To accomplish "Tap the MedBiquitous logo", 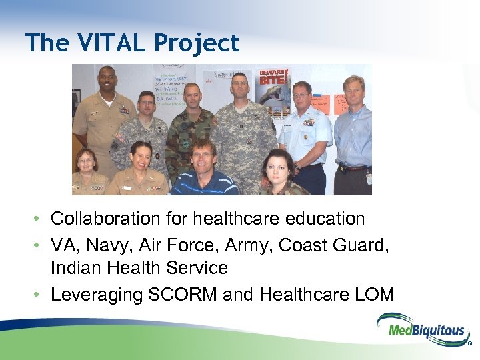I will tap(421, 330).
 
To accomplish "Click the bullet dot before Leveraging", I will tap(40, 295).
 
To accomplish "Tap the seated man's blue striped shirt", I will tap(203, 183).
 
